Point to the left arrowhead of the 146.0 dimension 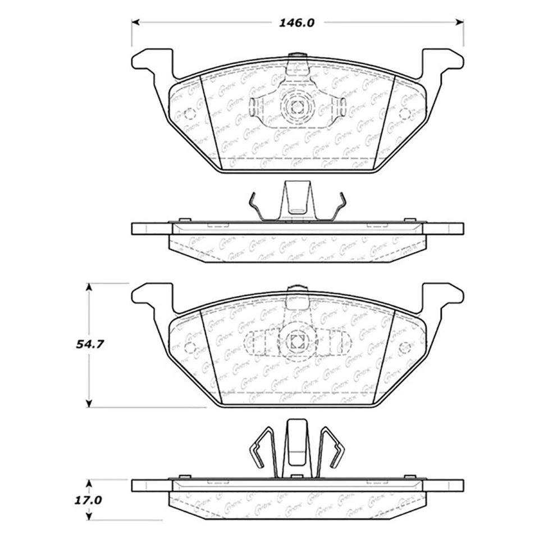pos(135,23)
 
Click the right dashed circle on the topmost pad pos(404,114)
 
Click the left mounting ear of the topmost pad pos(152,62)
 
